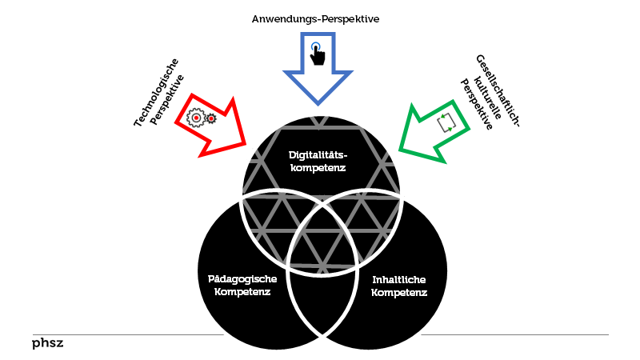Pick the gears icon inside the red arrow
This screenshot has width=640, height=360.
tap(202, 118)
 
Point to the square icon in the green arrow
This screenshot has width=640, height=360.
tap(446, 122)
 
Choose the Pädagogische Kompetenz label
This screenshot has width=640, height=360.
tap(242, 285)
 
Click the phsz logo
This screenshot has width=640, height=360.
tap(48, 343)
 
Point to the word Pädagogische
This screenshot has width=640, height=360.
tap(242, 278)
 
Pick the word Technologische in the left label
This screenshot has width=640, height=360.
tap(156, 93)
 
